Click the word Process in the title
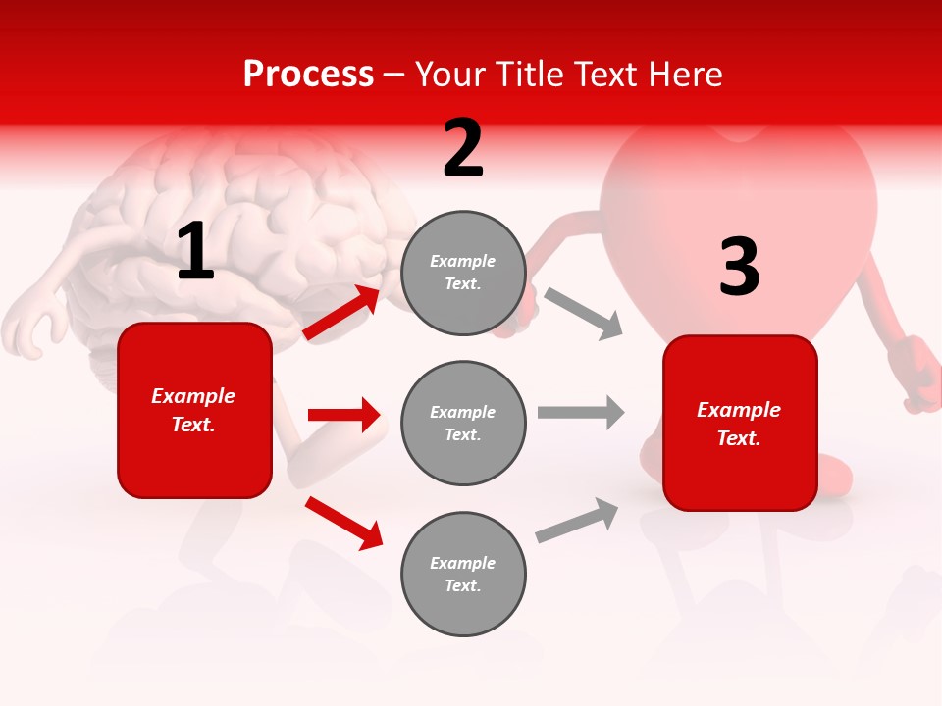308,74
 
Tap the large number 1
195,252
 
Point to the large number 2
463,148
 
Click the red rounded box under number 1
194,410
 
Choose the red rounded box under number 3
740,424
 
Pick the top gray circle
463,273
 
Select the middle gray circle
463,423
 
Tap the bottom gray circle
463,574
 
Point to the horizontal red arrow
343,415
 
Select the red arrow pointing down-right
344,523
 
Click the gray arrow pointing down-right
584,313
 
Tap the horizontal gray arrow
581,412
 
